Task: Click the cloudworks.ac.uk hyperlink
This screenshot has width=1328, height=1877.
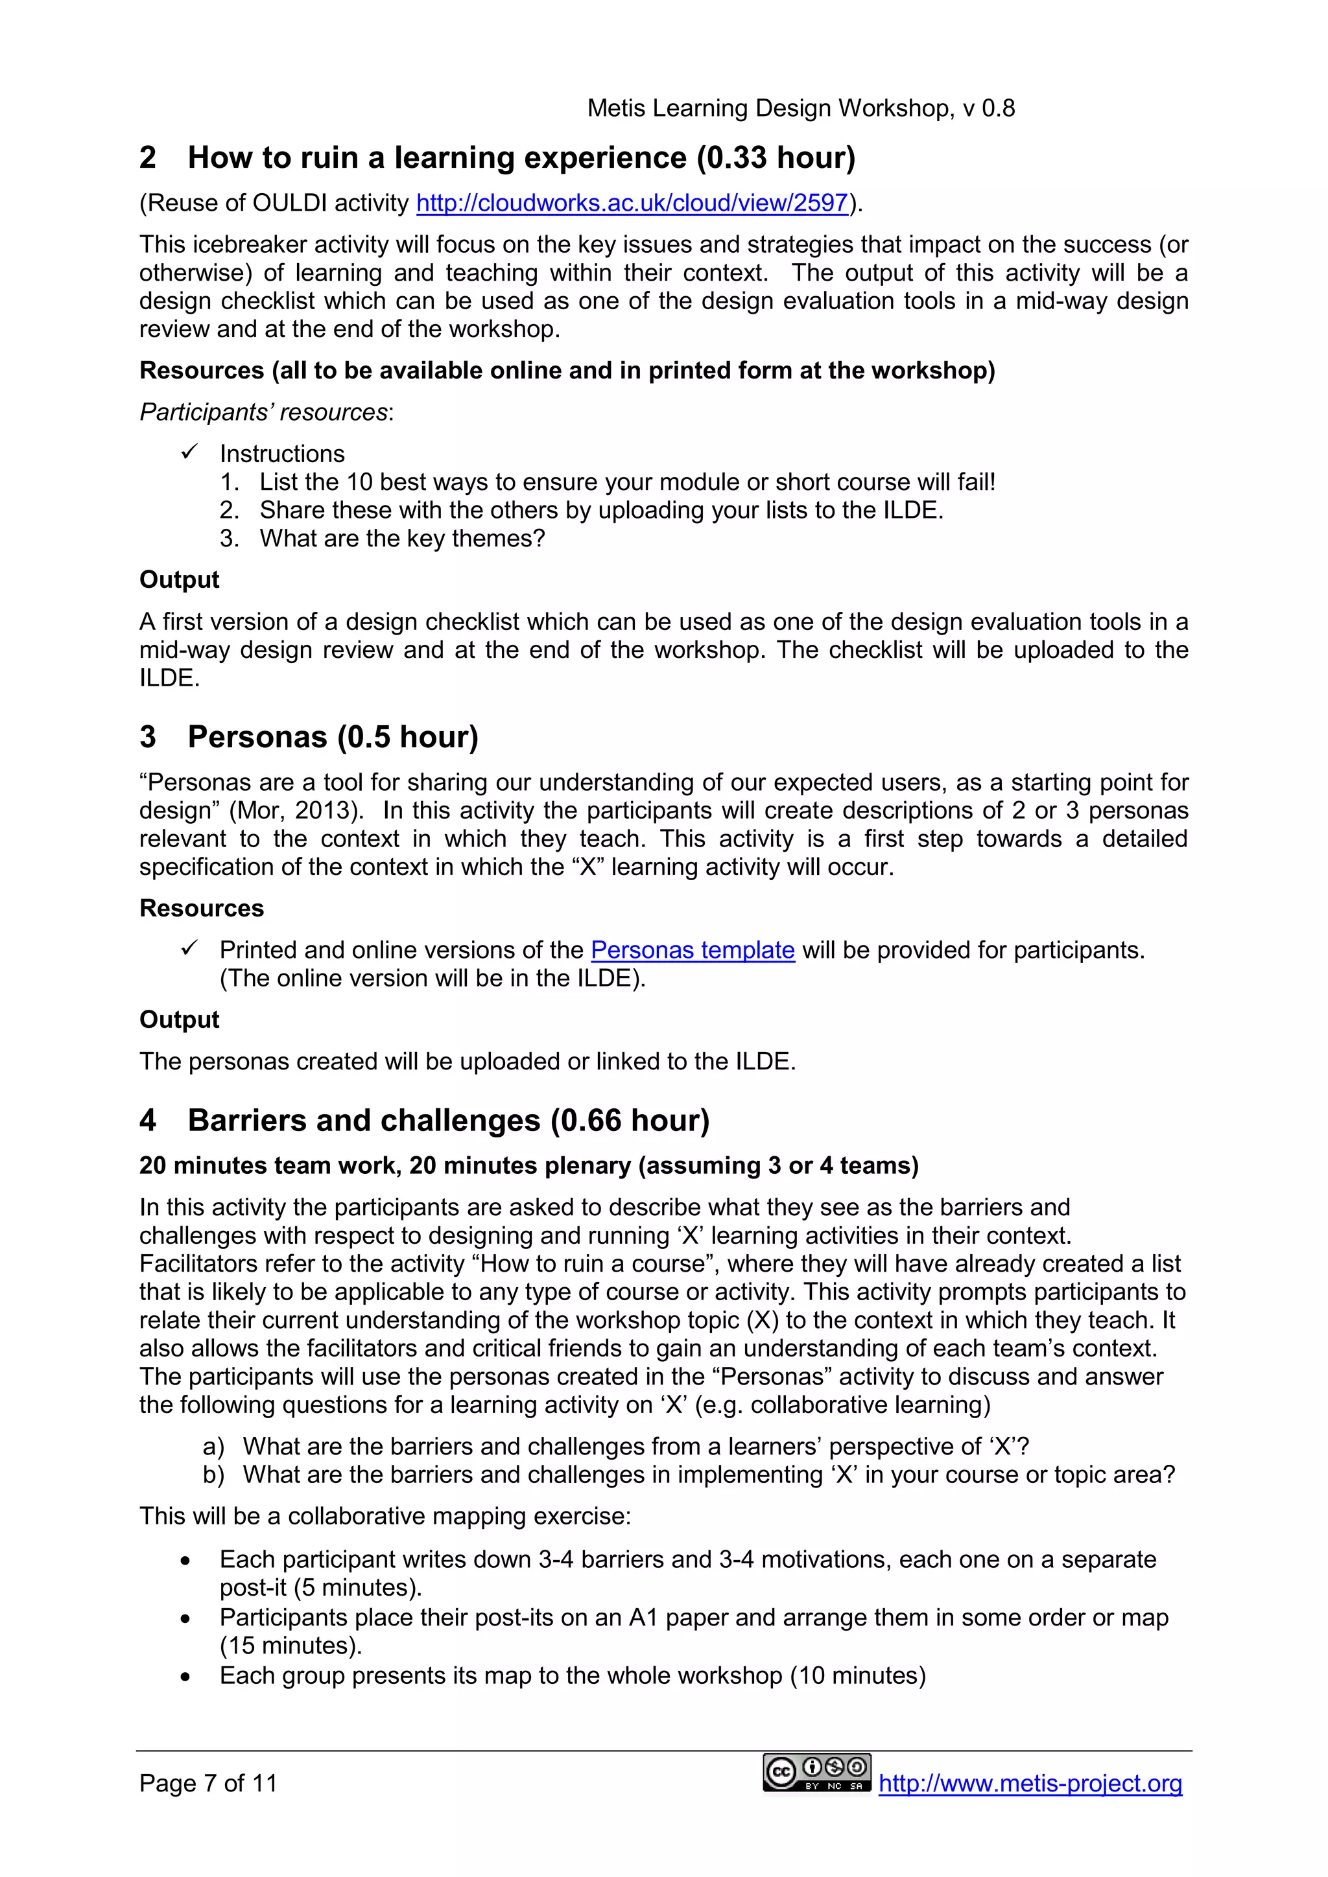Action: (x=632, y=203)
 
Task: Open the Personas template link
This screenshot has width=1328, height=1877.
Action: (x=692, y=950)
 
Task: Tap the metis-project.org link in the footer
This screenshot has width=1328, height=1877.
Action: (x=1030, y=1783)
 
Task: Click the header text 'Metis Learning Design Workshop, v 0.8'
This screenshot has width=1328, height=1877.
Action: (x=801, y=108)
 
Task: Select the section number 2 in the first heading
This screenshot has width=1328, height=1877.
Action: (x=147, y=157)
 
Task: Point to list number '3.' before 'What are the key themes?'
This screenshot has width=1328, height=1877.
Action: (x=229, y=538)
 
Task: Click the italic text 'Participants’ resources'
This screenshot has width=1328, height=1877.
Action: (x=263, y=412)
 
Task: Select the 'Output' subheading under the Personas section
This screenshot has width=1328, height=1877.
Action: (x=179, y=1020)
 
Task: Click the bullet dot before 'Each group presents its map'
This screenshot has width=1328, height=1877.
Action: (x=185, y=1677)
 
